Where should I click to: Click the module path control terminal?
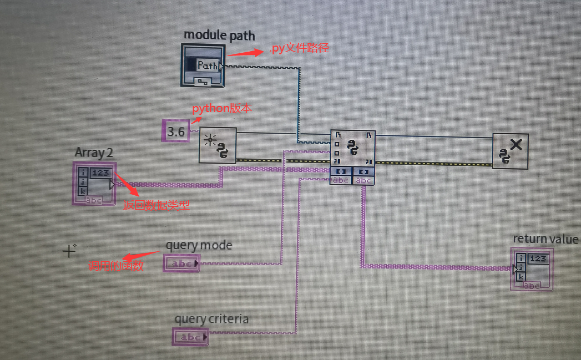pyautogui.click(x=203, y=65)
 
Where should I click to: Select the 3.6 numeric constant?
pyautogui.click(x=176, y=131)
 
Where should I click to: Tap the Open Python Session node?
pyautogui.click(x=218, y=145)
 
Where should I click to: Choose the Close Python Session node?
pyautogui.click(x=510, y=151)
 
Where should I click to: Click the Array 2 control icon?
pyautogui.click(x=94, y=183)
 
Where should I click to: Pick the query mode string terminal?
pyautogui.click(x=181, y=263)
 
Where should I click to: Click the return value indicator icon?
pyautogui.click(x=532, y=269)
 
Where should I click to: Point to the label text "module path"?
pyautogui.click(x=219, y=36)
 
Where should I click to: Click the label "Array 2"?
pyautogui.click(x=94, y=152)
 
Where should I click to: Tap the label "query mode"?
pyautogui.click(x=199, y=245)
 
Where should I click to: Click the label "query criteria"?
pyautogui.click(x=211, y=319)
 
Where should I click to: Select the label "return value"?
pyautogui.click(x=545, y=239)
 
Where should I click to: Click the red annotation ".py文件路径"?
pyautogui.click(x=299, y=49)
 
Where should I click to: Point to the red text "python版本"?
pyautogui.click(x=222, y=109)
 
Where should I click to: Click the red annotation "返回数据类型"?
pyautogui.click(x=156, y=205)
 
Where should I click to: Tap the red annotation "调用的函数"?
pyautogui.click(x=116, y=266)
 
